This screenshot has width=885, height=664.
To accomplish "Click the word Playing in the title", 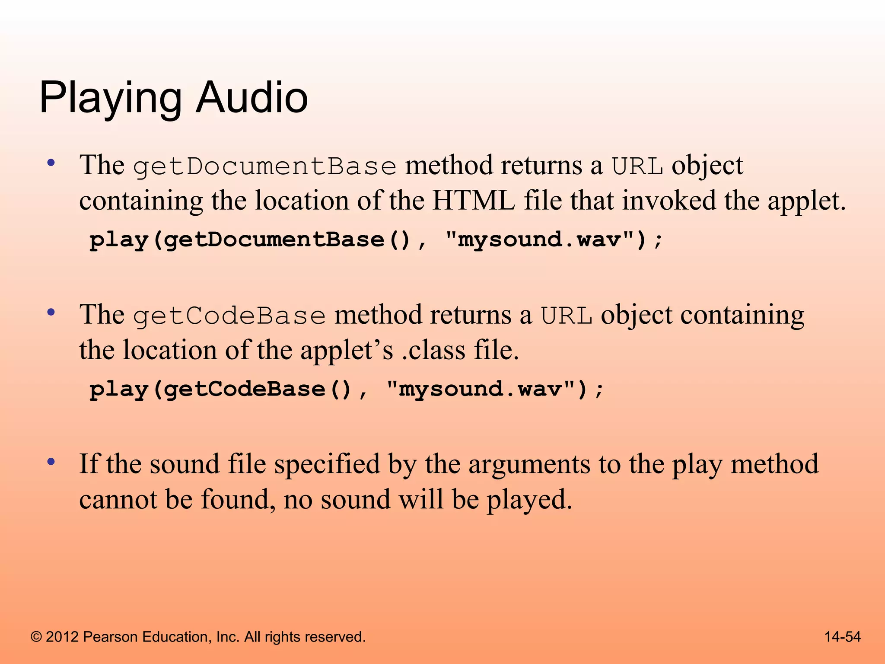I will [x=110, y=99].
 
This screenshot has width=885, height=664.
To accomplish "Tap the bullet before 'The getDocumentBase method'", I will [x=51, y=163].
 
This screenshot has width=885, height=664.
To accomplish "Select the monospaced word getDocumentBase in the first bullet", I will [x=264, y=167].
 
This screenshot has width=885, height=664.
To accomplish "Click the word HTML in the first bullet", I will [x=474, y=201].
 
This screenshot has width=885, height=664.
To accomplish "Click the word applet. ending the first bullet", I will [x=806, y=201].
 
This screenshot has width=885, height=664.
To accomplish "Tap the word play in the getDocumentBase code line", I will [x=118, y=240].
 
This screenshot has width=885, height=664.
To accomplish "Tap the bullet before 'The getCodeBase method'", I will [x=51, y=312].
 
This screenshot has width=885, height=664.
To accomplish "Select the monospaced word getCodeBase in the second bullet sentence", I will [x=229, y=316].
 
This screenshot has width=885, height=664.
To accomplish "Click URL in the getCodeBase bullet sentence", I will [x=567, y=316].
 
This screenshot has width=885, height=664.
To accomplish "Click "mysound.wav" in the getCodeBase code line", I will [x=480, y=389].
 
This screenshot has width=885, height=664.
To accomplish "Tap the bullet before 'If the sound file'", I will [x=51, y=462].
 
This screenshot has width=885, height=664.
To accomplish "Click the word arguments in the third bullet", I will [x=529, y=465].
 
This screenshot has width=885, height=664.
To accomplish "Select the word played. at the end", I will [x=529, y=500].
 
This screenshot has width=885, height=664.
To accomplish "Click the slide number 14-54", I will [x=842, y=637].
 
